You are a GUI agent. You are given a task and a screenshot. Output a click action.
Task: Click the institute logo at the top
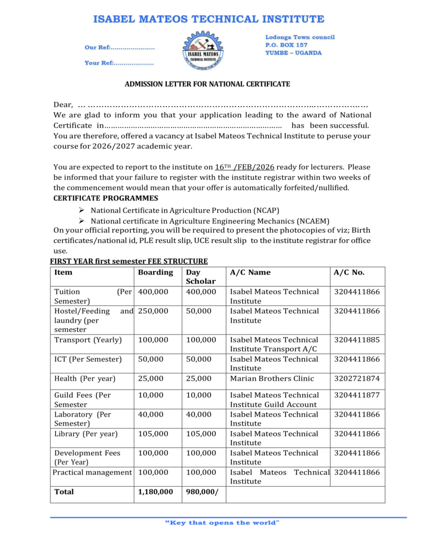(x=203, y=51)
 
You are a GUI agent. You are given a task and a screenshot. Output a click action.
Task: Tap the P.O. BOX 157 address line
(x=286, y=45)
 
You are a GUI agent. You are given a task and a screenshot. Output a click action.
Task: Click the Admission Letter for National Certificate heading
(x=207, y=84)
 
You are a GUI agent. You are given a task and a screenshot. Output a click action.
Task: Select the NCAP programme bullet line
(x=185, y=211)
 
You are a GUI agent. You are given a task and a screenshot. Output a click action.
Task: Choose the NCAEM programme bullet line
(x=210, y=221)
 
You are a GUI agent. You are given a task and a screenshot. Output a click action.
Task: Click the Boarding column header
(x=155, y=272)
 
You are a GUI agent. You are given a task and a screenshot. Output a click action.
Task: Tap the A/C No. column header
(x=349, y=272)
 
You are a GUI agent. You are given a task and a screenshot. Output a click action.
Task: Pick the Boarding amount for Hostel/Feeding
(x=153, y=311)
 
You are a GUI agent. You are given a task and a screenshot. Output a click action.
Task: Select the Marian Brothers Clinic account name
(x=272, y=379)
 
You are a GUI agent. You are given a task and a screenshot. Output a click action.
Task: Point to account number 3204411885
(x=356, y=340)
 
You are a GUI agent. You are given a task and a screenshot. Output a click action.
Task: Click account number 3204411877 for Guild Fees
(x=356, y=395)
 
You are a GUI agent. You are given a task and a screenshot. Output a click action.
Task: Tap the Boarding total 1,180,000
(x=155, y=492)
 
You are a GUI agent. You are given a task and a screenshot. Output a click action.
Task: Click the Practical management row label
(x=92, y=472)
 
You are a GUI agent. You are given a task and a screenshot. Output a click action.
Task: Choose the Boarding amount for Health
(x=151, y=379)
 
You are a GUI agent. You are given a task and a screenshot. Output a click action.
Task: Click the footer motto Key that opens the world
(x=222, y=523)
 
